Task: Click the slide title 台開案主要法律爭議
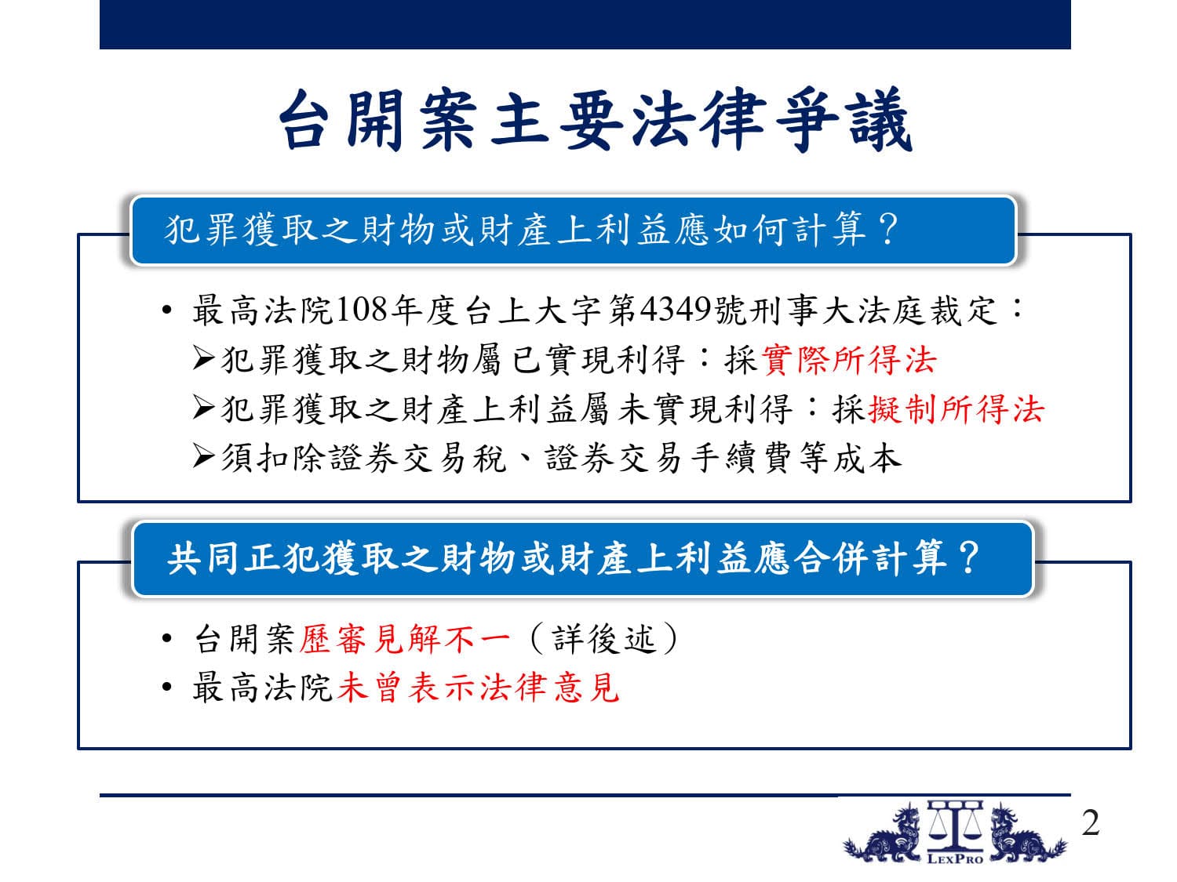pyautogui.click(x=596, y=120)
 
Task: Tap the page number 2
pyautogui.click(x=1090, y=822)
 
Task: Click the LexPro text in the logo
pyautogui.click(x=954, y=859)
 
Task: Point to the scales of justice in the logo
pyautogui.click(x=955, y=826)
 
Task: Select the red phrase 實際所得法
pyautogui.click(x=849, y=359)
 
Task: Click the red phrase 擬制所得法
pyautogui.click(x=956, y=409)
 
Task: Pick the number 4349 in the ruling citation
pyautogui.click(x=676, y=310)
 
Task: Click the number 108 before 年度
pyautogui.click(x=362, y=310)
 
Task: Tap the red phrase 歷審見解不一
pyautogui.click(x=404, y=639)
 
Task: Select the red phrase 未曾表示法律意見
pyautogui.click(x=479, y=688)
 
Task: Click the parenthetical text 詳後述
pyautogui.click(x=603, y=639)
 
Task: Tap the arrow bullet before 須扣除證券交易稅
pyautogui.click(x=203, y=457)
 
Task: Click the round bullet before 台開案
pyautogui.click(x=167, y=638)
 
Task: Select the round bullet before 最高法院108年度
pyautogui.click(x=167, y=310)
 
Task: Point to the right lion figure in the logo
pyautogui.click(x=1027, y=833)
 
